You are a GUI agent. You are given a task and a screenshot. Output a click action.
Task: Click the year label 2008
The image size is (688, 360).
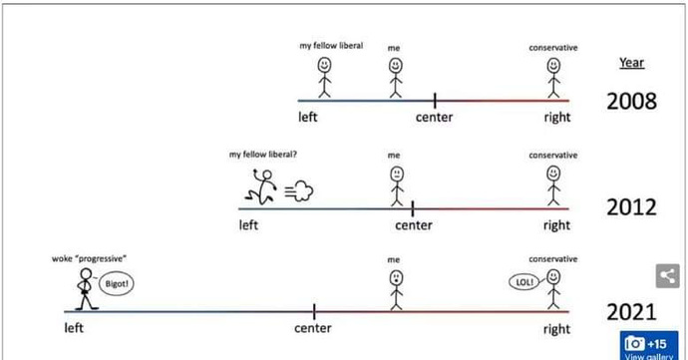pos(631,102)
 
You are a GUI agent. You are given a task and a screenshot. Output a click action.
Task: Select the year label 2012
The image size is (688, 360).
pos(631,207)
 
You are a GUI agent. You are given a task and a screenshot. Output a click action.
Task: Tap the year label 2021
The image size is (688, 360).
pos(631,313)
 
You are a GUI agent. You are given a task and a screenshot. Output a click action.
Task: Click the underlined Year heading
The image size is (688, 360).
pos(631,63)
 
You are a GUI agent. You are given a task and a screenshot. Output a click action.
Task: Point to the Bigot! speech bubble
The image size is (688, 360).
pos(118,284)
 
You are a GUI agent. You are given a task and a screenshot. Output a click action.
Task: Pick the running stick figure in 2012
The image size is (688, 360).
pos(262,185)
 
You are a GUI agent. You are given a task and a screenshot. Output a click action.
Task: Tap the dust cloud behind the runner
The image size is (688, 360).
pos(298,190)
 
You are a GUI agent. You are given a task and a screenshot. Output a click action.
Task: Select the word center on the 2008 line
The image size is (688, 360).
pos(434,119)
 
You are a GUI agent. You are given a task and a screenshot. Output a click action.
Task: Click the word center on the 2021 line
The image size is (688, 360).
pos(312,328)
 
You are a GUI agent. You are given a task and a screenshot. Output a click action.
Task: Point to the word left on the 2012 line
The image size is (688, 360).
pos(248,225)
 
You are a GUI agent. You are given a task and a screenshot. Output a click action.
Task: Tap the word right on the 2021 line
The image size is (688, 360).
pos(556,329)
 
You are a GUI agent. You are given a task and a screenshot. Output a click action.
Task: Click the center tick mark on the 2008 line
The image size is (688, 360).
pos(435,100)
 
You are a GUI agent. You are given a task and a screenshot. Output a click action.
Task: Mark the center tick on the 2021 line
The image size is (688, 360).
pos(314,311)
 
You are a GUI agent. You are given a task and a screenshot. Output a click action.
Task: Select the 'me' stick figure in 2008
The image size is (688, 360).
pos(394,76)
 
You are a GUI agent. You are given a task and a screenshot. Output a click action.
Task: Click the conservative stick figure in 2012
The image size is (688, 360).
pos(553,184)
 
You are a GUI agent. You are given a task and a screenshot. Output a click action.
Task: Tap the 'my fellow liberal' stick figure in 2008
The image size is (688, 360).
pos(324,76)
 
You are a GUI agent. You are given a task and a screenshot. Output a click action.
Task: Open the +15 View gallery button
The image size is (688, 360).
pos(648,345)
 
